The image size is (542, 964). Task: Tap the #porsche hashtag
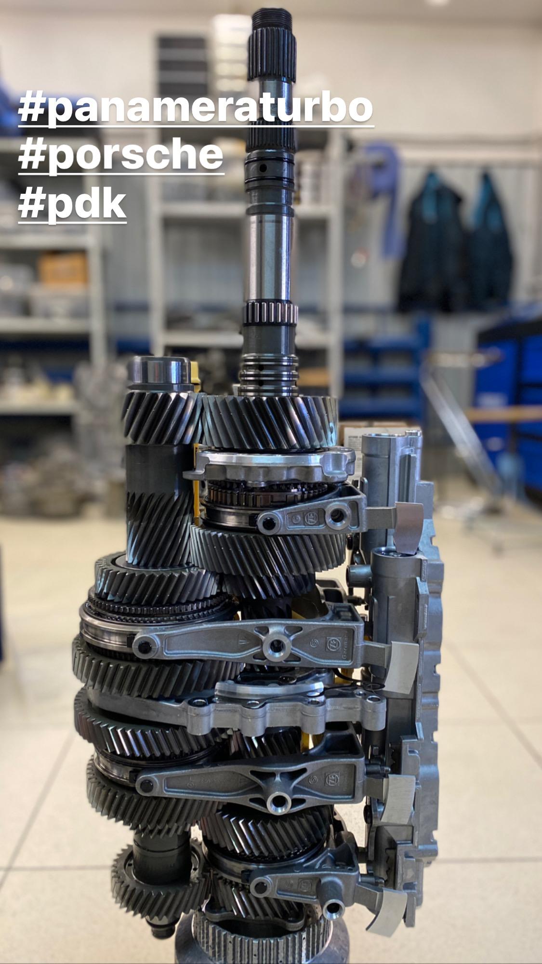[x=121, y=155]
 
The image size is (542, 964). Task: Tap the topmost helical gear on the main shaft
[x=269, y=420]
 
